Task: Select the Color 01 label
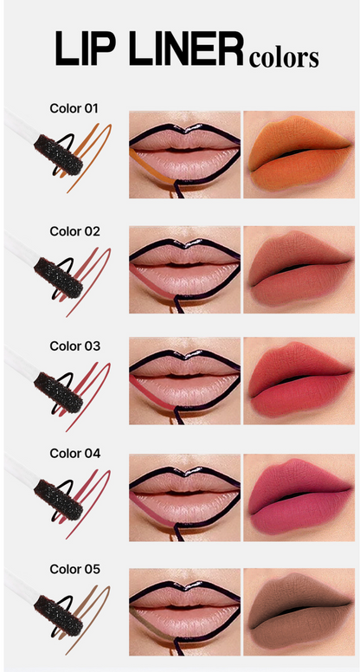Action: (x=74, y=109)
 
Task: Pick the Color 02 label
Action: (x=74, y=231)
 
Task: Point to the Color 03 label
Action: (x=74, y=346)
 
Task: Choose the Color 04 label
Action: (x=74, y=454)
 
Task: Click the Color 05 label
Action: (x=74, y=569)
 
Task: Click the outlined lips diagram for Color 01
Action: (x=184, y=155)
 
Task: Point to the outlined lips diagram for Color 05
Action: (x=184, y=612)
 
